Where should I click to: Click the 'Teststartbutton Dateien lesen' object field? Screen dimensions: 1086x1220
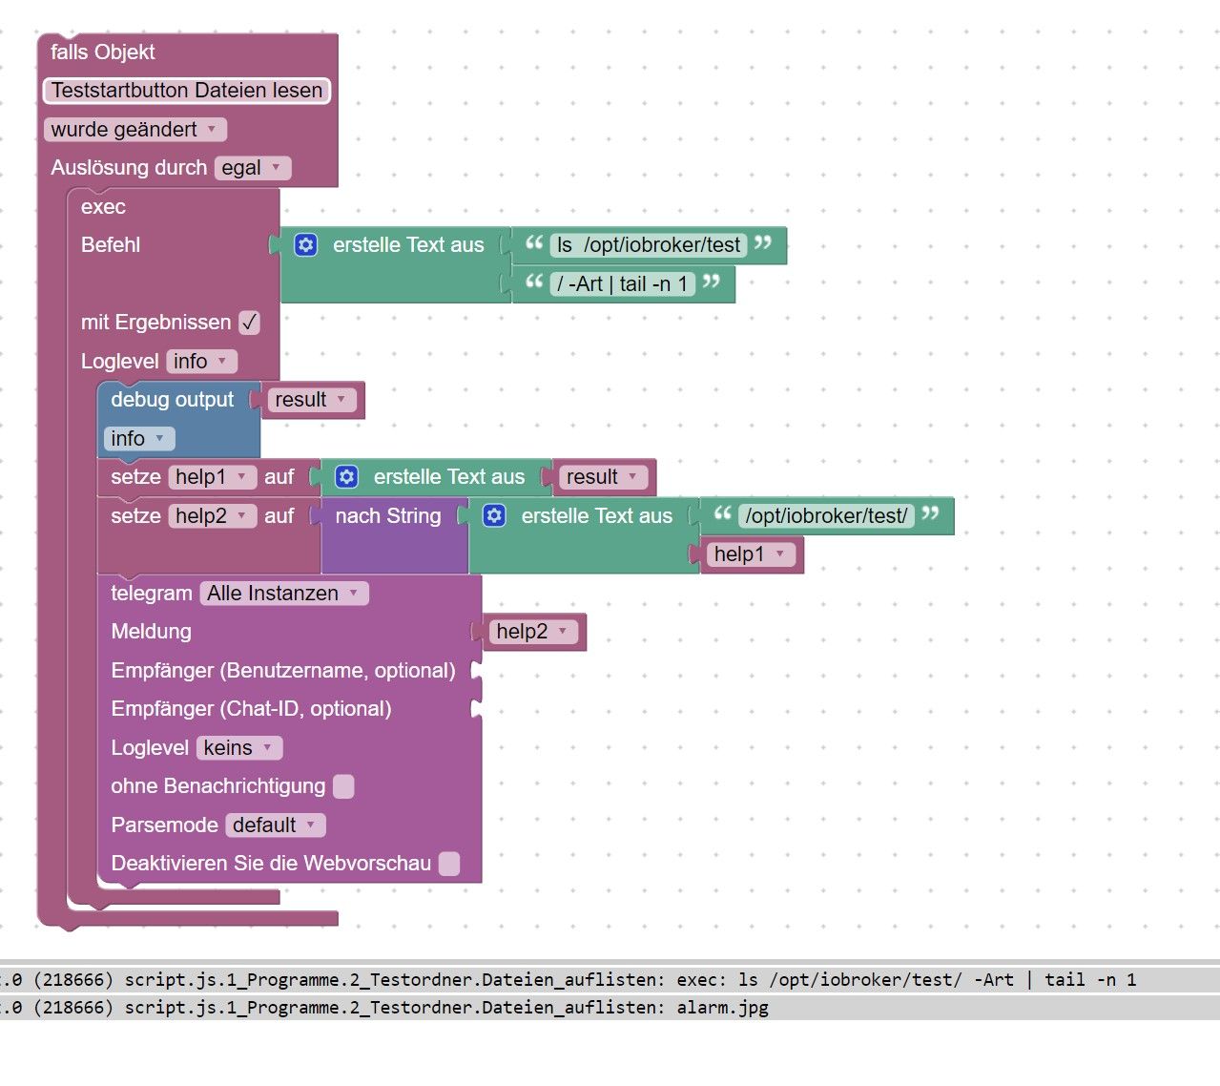(x=187, y=91)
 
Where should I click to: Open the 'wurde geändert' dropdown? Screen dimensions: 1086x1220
(x=134, y=130)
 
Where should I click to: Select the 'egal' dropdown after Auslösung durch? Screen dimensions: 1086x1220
(x=252, y=168)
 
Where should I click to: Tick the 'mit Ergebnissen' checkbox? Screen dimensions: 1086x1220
(x=249, y=323)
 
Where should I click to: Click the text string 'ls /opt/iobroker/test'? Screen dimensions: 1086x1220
(x=650, y=245)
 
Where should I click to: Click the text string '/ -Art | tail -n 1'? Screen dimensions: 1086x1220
(x=622, y=284)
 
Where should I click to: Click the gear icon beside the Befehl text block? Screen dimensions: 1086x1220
(x=305, y=245)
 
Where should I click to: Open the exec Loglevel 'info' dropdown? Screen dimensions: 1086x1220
(x=200, y=362)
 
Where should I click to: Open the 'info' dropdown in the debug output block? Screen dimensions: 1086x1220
(x=138, y=439)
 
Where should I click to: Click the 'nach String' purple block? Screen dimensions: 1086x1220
(x=388, y=516)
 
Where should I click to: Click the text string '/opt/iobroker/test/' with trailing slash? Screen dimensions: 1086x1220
(x=826, y=516)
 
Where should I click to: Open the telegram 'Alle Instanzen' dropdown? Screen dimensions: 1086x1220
(x=283, y=594)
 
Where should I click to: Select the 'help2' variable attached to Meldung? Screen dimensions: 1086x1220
(x=532, y=632)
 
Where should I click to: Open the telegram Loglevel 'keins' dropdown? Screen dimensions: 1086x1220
(x=238, y=748)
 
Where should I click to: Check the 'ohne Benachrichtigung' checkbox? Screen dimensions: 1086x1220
(x=343, y=786)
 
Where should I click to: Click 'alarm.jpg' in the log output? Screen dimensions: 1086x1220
(x=722, y=1007)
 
